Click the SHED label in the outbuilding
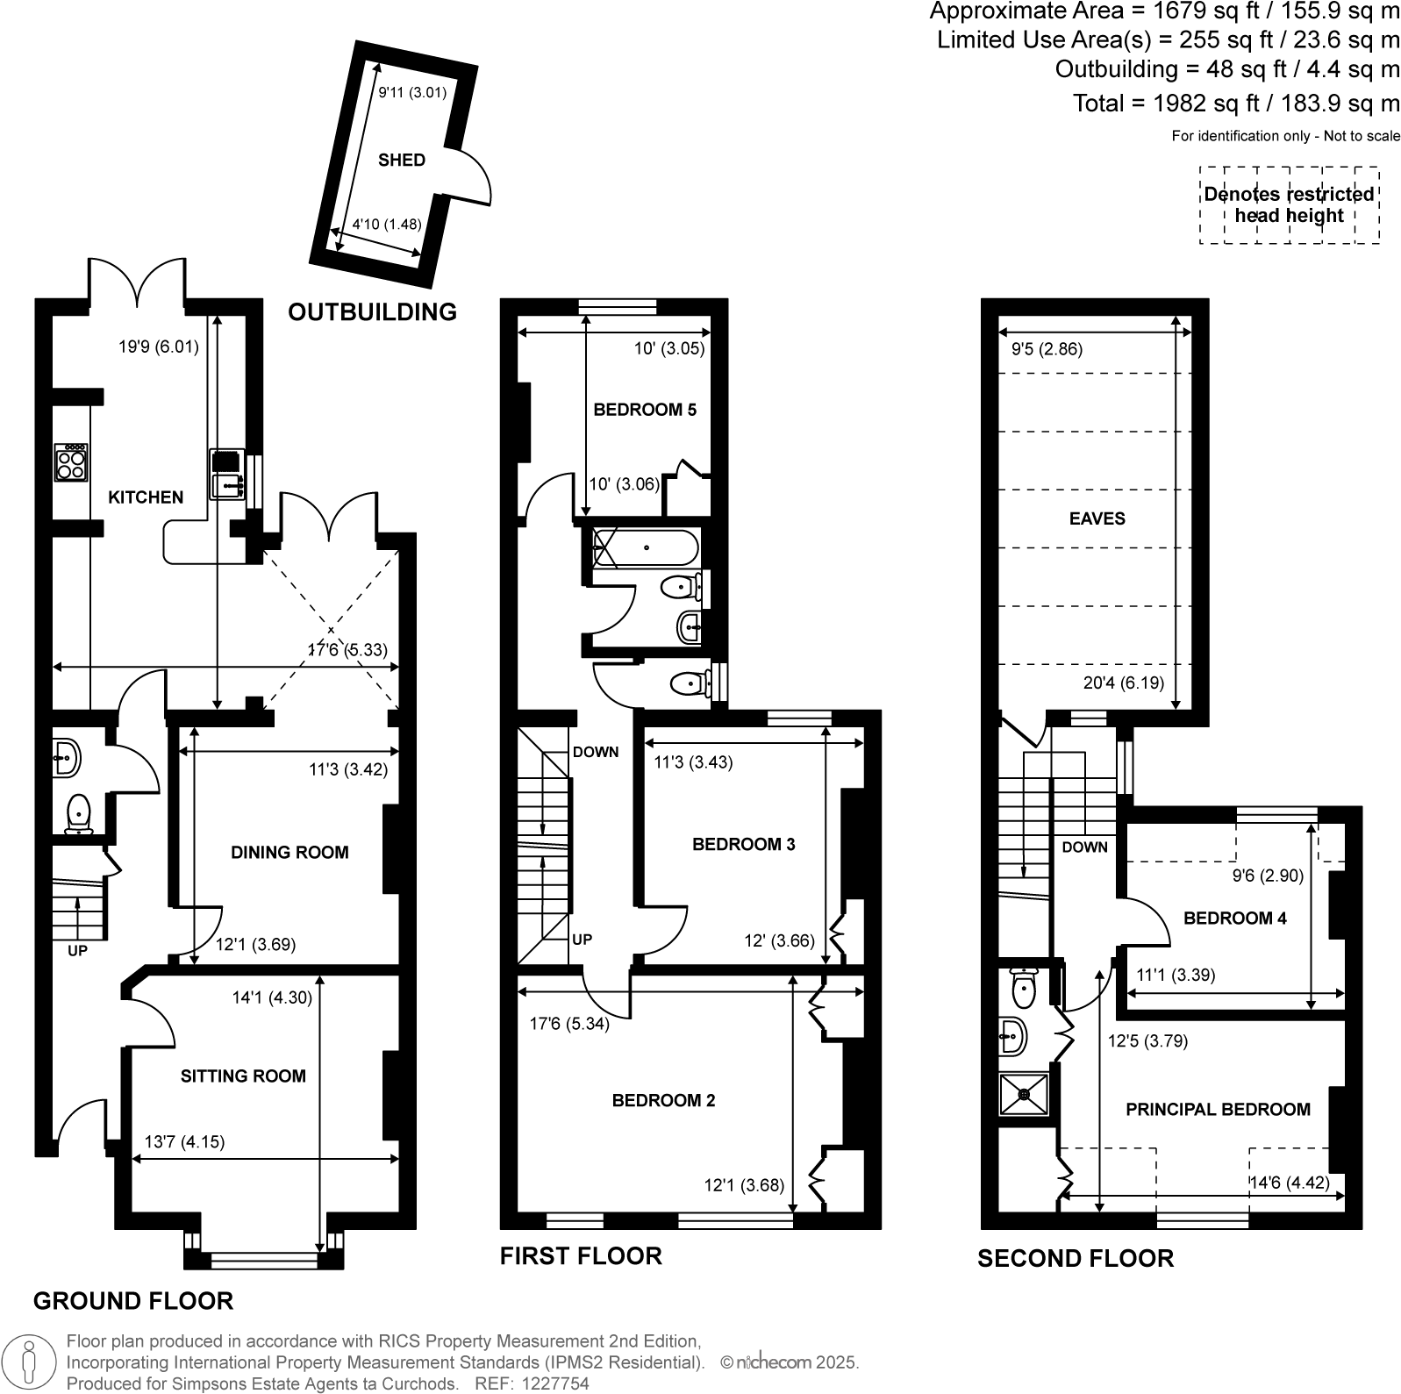401,160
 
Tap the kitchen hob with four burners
71,462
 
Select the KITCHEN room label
146,497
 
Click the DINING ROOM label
289,852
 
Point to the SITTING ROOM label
243,1076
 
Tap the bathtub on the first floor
646,548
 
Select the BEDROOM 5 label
645,410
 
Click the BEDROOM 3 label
743,844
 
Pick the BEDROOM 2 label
663,1100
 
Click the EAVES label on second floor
1097,518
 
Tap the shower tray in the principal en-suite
1024,1093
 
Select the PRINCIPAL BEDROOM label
1218,1109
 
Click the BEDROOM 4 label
1234,919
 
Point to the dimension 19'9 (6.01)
159,347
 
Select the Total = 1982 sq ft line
1236,104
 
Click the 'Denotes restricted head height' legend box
1288,204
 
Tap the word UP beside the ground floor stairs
77,949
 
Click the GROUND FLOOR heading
133,1300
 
